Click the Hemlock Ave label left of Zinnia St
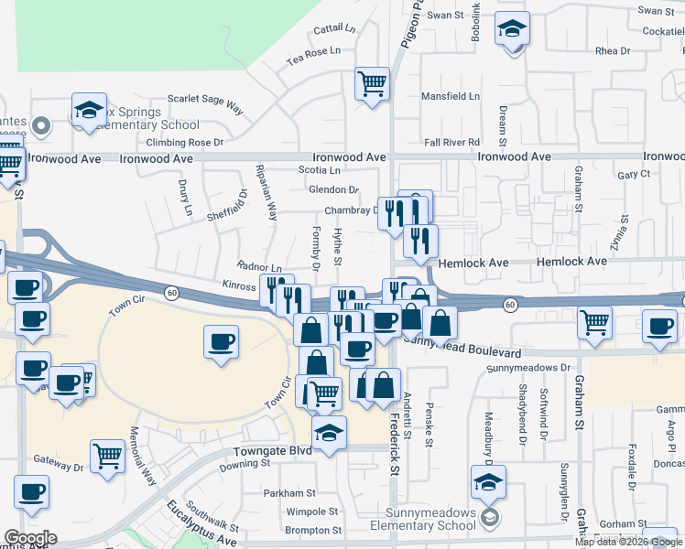tap(473, 263)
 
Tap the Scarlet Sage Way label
tap(205, 102)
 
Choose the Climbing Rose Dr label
tap(185, 143)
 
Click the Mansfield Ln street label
tap(450, 96)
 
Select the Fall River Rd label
tap(452, 143)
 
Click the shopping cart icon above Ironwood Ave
tap(372, 84)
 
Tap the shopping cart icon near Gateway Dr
tap(107, 455)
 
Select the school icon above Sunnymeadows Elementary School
tap(489, 480)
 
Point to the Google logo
tap(30, 538)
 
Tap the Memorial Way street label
tap(143, 455)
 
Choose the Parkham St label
tap(289, 493)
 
